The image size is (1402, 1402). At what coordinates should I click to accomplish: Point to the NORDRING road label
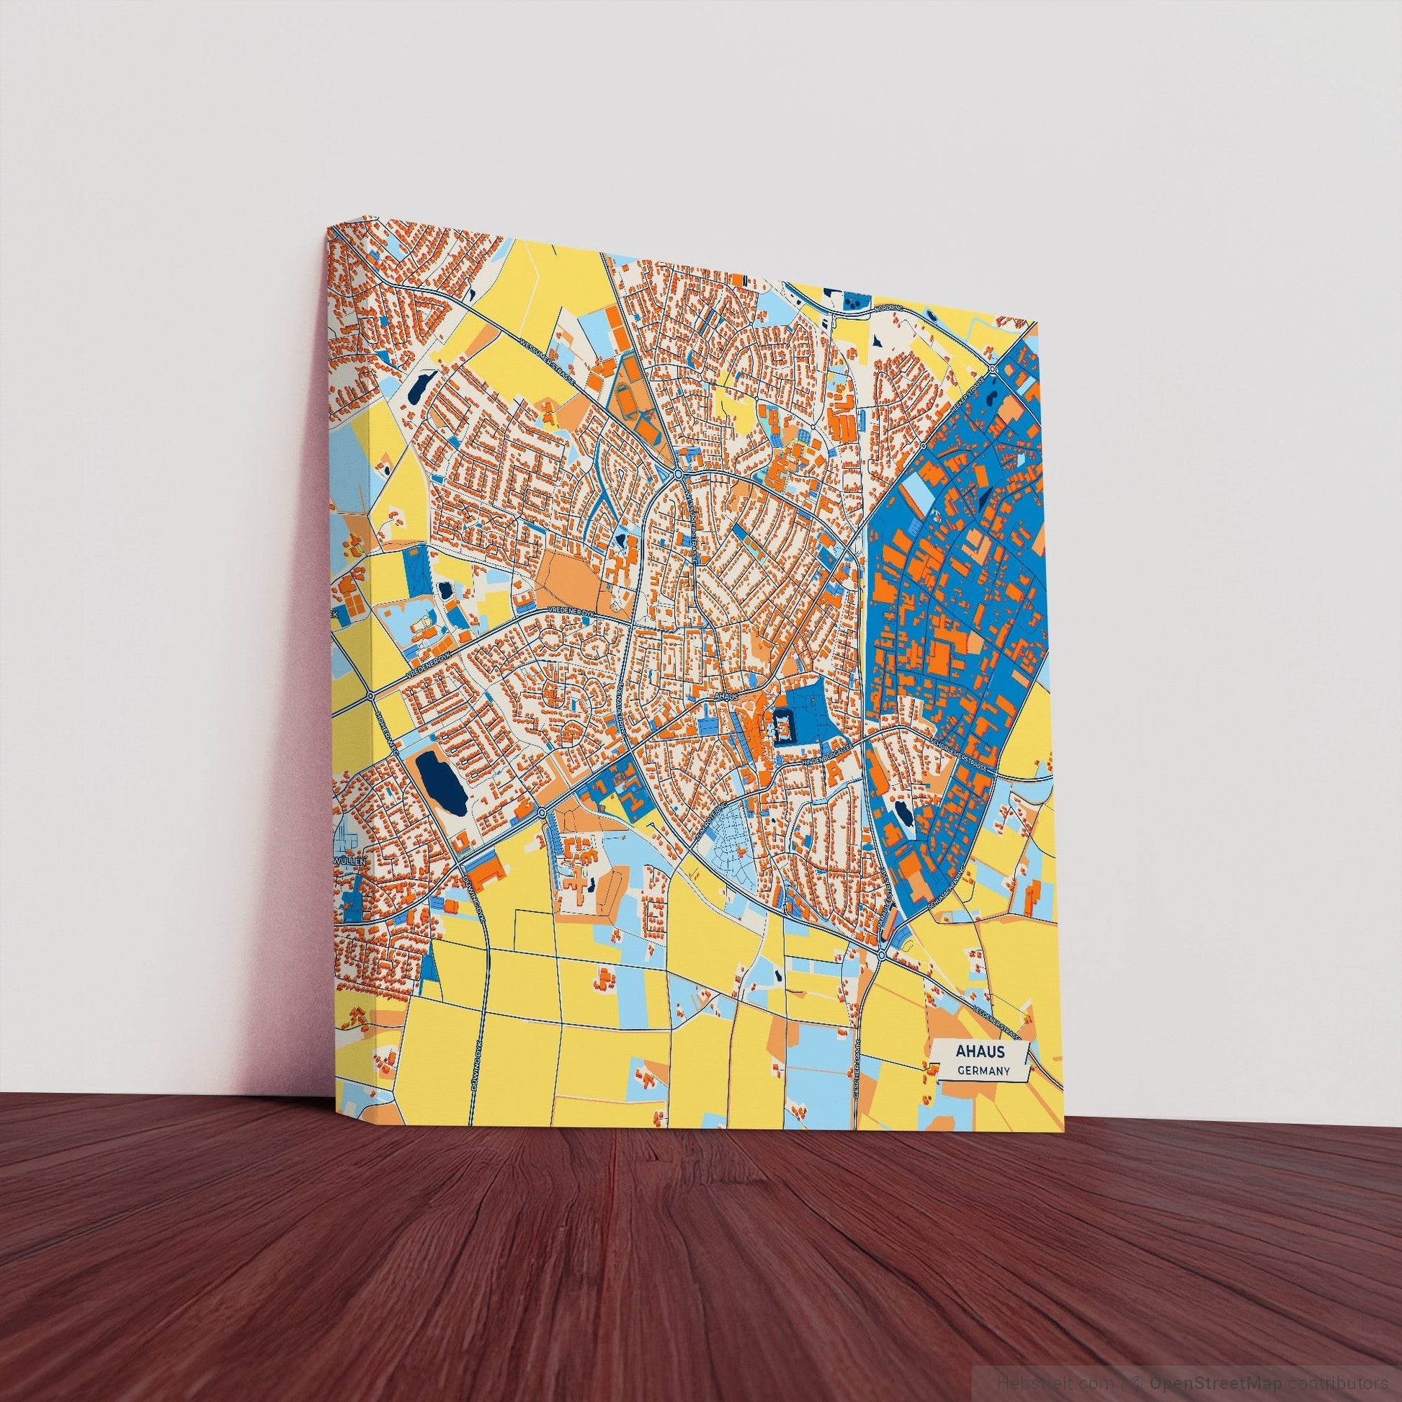click(x=887, y=307)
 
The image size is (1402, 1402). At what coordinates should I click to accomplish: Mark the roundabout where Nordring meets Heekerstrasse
click(x=992, y=370)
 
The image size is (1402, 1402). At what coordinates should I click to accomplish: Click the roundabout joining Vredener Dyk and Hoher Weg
click(x=372, y=695)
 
